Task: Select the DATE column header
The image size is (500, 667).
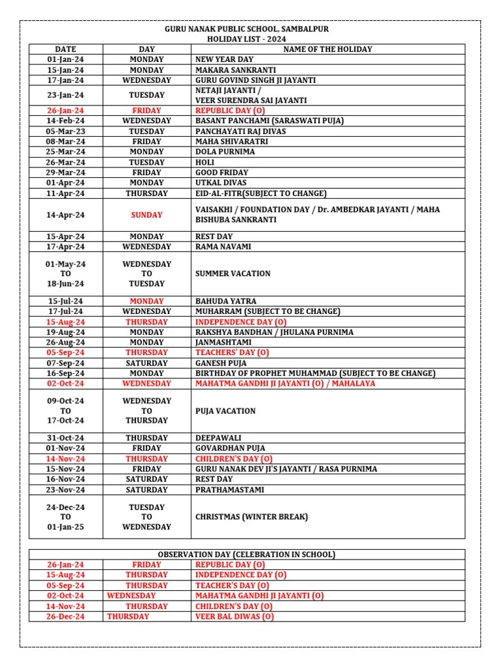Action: pos(65,50)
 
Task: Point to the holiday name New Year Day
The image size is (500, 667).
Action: pos(225,59)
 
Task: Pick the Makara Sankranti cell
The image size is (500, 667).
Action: pos(236,70)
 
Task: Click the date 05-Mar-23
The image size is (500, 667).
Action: pos(65,132)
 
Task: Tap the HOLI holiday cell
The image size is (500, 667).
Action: pos(206,162)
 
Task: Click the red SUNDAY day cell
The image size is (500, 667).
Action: pos(146,215)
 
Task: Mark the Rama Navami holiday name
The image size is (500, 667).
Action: pos(223,247)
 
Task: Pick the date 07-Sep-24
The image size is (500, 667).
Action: pos(65,363)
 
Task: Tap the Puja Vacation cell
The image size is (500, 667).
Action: pos(225,411)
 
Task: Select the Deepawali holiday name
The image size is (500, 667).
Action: pos(217,438)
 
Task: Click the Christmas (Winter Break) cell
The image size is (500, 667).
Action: pos(251,517)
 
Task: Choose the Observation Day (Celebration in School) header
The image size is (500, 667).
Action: pos(247,555)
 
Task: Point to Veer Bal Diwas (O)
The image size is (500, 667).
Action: pos(234,617)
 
